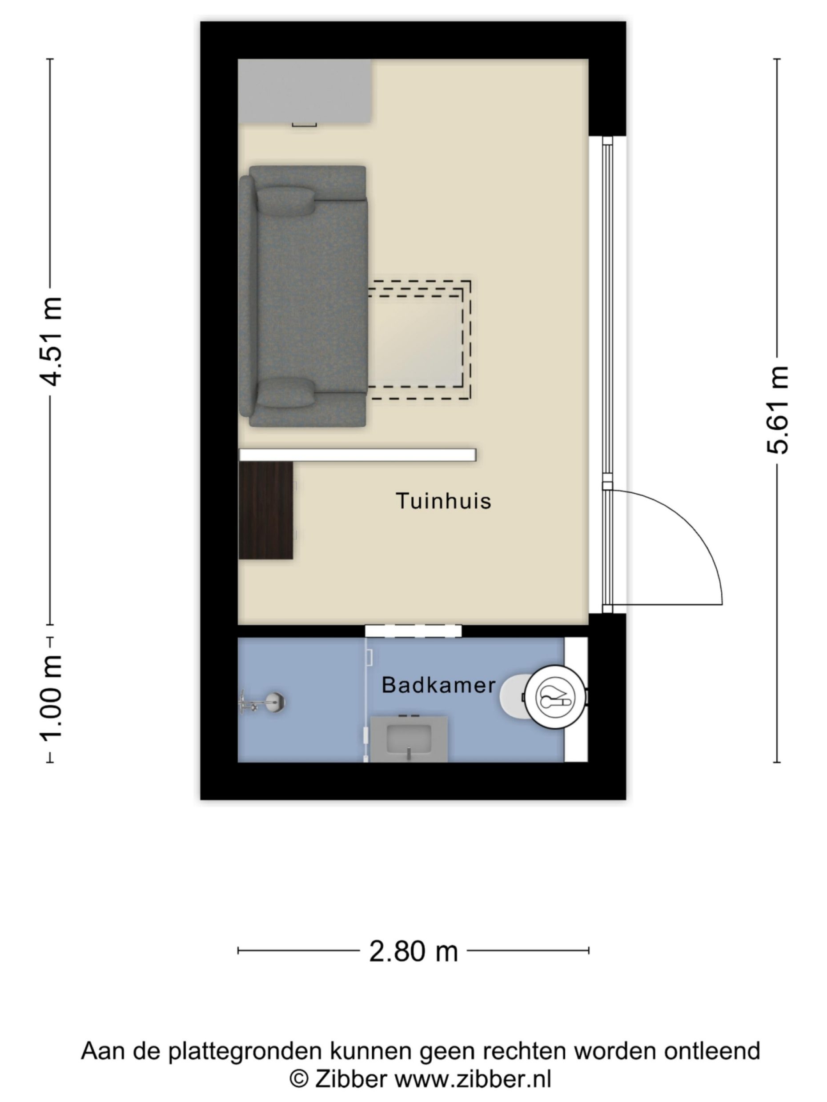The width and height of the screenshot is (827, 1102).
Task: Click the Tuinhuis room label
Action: tap(443, 501)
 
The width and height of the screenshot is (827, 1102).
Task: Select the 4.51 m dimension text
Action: tap(51, 342)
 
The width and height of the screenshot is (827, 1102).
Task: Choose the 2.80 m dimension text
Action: tap(413, 951)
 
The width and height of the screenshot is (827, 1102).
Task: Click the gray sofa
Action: tap(303, 296)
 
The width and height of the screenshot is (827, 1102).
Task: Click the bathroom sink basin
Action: tap(409, 740)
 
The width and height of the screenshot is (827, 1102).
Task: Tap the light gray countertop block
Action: tap(305, 91)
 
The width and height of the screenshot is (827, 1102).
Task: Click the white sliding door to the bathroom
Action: tap(413, 631)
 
